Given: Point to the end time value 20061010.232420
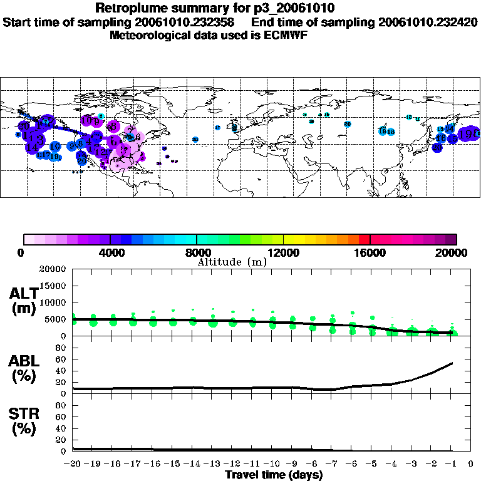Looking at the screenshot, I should click(x=428, y=23).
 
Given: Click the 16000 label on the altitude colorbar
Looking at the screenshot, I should click(x=370, y=253).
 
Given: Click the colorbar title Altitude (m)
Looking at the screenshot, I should click(x=232, y=262).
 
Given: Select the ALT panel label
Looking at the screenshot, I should click(x=24, y=300).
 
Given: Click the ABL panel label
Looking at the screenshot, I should click(x=24, y=368).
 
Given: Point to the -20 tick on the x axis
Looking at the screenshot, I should click(x=73, y=464).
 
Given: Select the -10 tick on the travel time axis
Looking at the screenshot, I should click(x=272, y=464).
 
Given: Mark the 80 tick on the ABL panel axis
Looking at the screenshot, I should click(x=61, y=348).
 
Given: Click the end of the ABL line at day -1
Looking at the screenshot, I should click(x=452, y=363).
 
